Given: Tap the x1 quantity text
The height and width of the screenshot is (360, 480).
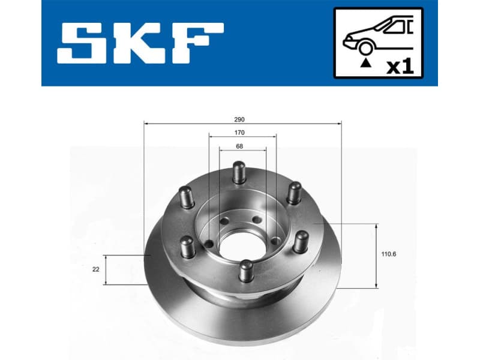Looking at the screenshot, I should (400, 66).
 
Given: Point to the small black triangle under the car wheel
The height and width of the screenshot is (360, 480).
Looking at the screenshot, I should (364, 62).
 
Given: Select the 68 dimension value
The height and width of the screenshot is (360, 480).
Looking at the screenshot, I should (239, 146).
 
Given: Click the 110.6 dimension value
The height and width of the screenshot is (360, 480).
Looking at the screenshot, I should (389, 254).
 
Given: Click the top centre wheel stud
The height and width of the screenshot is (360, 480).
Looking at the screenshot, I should (239, 172).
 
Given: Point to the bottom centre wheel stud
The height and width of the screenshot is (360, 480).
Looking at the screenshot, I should (245, 270).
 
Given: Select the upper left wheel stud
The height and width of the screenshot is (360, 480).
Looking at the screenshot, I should (185, 197).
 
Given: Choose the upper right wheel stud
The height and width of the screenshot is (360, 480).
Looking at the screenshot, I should (293, 193).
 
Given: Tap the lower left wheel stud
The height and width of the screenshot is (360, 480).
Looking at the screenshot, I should (188, 246).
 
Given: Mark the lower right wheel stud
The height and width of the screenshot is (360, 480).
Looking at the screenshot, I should (300, 242).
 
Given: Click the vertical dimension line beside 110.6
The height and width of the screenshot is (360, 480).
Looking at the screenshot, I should (376, 256).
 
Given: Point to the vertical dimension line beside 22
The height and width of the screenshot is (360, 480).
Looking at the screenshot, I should (106, 270).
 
